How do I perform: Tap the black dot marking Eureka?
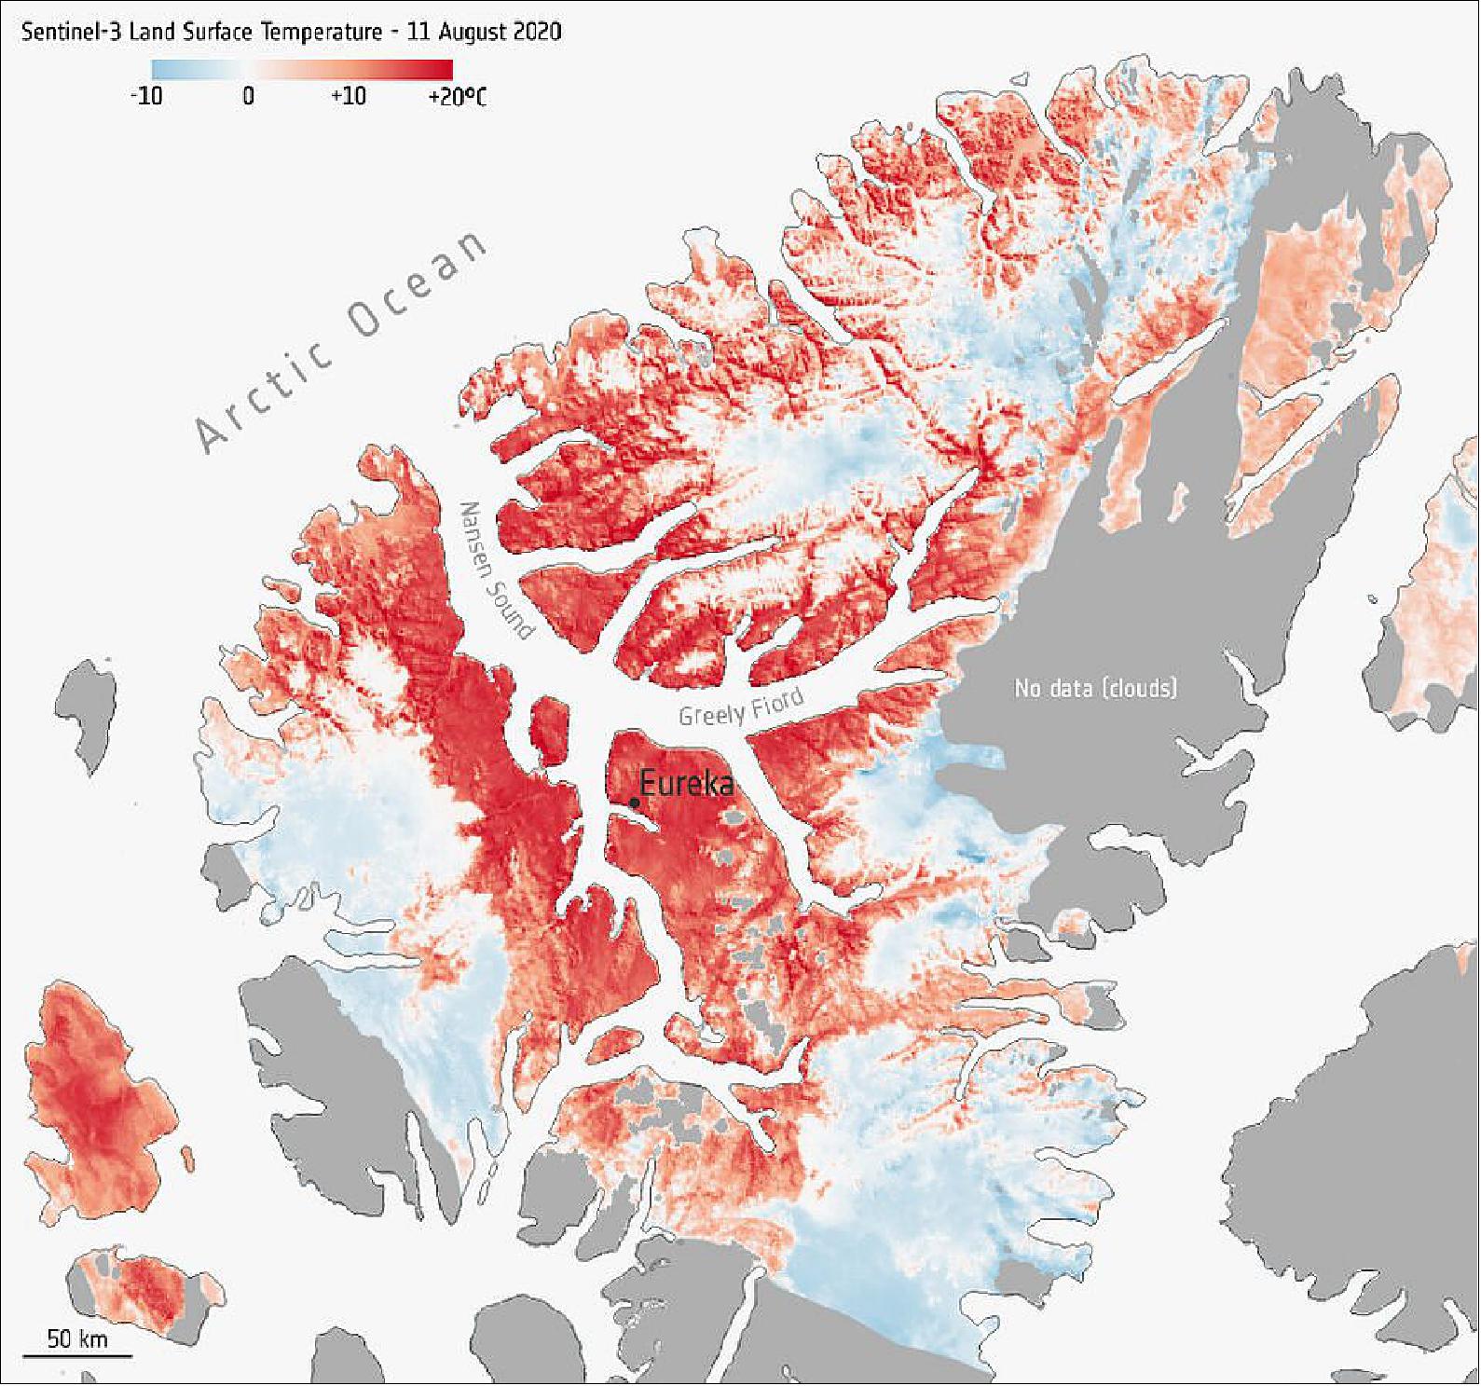point(635,803)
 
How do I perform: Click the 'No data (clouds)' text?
point(1095,689)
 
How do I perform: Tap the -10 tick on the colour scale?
point(146,95)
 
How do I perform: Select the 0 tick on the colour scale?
point(248,95)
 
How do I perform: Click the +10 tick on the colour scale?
point(348,95)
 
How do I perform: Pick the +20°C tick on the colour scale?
point(457,95)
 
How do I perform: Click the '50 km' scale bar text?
point(77,1339)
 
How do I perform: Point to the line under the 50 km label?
point(77,1354)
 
